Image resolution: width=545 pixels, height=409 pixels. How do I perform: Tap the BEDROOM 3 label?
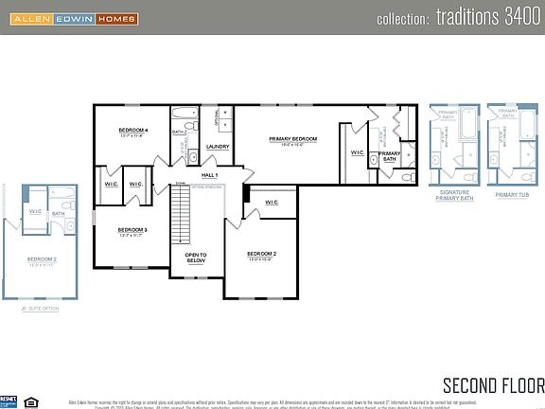[x=132, y=231]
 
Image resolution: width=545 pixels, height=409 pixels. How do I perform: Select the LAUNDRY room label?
[x=217, y=147]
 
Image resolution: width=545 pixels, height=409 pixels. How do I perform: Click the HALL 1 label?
[x=210, y=175]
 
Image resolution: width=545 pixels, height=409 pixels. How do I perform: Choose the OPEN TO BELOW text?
[x=196, y=258]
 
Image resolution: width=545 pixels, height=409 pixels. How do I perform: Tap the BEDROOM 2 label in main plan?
[x=261, y=255]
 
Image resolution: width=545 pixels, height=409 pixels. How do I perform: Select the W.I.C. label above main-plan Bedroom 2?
[x=272, y=202]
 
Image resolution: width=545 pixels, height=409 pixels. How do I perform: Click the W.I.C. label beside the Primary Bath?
[x=358, y=152]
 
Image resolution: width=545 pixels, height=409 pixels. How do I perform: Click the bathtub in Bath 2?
[x=185, y=113]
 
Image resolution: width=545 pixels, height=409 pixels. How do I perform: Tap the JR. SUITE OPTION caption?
[x=40, y=308]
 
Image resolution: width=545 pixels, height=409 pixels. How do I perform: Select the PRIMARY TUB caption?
[x=508, y=194]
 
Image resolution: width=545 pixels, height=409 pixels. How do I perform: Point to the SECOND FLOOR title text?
[x=493, y=384]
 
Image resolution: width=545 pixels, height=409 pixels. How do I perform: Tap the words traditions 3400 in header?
[x=491, y=18]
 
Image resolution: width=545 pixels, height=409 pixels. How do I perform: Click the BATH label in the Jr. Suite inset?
[x=59, y=214]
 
